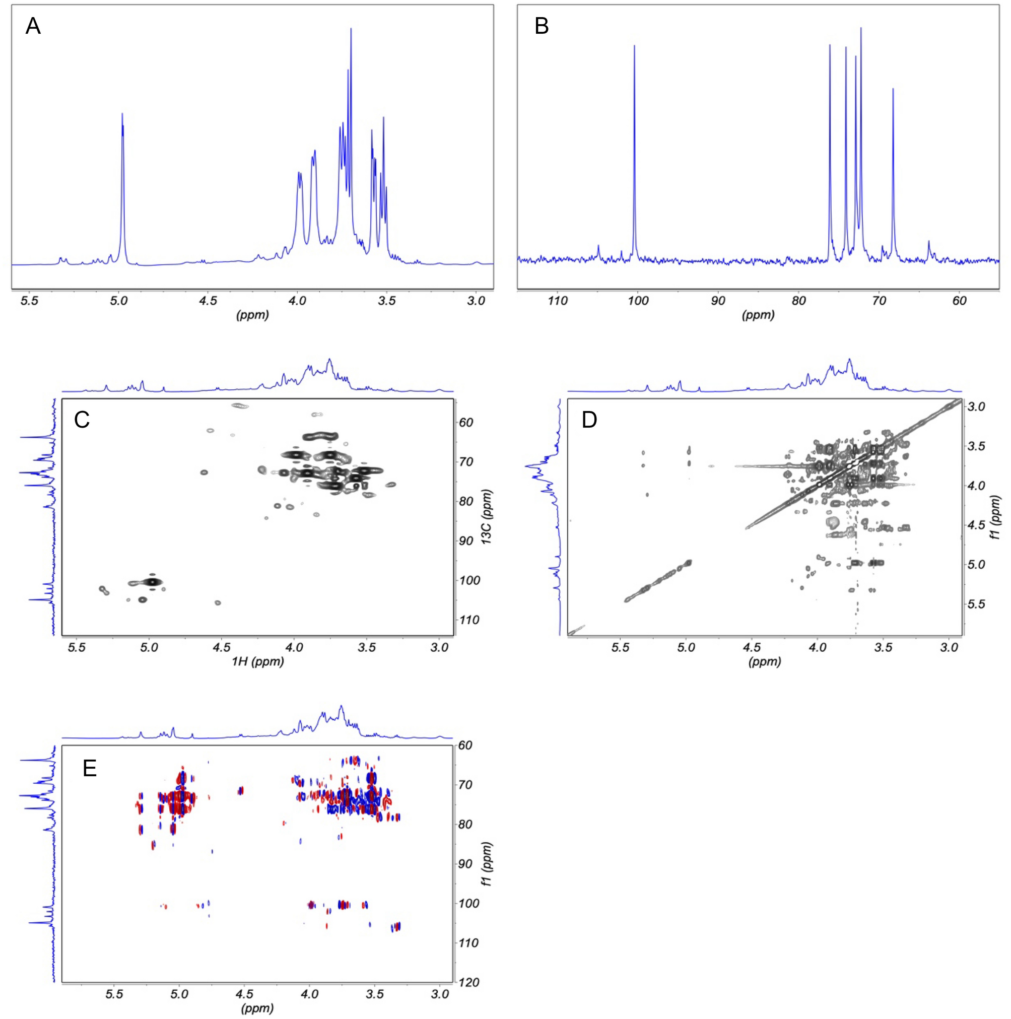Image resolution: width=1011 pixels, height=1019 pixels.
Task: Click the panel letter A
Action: click(x=33, y=26)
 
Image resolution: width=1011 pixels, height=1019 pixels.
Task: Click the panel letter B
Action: click(x=542, y=26)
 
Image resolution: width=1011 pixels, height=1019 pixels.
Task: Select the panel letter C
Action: click(x=82, y=419)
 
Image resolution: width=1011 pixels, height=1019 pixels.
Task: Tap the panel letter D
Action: click(x=589, y=419)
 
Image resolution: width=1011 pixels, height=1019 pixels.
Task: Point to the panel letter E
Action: click(x=90, y=769)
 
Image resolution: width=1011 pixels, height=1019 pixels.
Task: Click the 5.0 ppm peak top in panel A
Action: click(x=122, y=114)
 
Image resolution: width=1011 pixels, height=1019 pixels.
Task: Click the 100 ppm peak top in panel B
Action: click(x=634, y=46)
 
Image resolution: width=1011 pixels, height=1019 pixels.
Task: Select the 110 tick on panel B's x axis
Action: click(x=558, y=301)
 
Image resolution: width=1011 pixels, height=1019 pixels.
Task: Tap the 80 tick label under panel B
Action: click(x=798, y=301)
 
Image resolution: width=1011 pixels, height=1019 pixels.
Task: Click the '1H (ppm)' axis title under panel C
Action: click(x=257, y=661)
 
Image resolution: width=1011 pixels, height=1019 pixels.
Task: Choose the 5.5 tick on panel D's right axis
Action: click(x=976, y=604)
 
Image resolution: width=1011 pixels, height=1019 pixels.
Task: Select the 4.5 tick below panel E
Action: click(x=244, y=994)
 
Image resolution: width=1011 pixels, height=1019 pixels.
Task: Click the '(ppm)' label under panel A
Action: click(x=252, y=315)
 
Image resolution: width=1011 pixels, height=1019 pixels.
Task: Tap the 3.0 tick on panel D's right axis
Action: click(x=976, y=406)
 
